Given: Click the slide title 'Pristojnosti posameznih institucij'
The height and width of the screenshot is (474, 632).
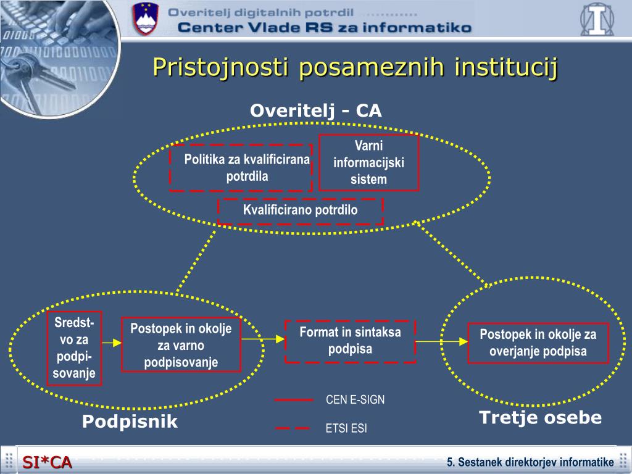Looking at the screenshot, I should (355, 67).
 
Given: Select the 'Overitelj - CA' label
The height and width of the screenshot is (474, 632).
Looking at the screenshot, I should (315, 110).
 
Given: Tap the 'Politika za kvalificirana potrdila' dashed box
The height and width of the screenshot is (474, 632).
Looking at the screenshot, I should (241, 168).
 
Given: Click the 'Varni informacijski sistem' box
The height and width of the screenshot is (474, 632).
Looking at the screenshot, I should (368, 163).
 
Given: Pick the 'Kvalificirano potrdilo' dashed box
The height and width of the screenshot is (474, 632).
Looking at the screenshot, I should (300, 210).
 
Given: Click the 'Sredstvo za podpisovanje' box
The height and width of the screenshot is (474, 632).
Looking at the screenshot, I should (74, 348).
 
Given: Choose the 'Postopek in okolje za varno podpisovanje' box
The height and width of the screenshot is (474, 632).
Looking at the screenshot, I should (181, 346).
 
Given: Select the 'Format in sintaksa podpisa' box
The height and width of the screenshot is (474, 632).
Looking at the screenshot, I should (350, 341).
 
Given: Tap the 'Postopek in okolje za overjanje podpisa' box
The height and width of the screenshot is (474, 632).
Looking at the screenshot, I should (538, 344).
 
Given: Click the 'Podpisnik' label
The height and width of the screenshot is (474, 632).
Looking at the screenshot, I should (130, 422).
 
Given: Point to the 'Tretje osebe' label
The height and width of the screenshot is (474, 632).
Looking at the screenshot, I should (540, 418).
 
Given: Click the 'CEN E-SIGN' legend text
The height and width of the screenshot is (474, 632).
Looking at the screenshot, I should (355, 400).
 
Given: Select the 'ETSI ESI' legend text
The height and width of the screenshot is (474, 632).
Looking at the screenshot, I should (346, 428).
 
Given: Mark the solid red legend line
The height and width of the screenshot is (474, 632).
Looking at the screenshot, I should (294, 400).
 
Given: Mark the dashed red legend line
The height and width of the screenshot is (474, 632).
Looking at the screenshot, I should (293, 428).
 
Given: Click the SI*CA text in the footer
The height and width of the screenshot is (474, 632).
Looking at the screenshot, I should (48, 462).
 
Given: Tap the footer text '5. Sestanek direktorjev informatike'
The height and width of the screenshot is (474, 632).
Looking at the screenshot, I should (530, 462).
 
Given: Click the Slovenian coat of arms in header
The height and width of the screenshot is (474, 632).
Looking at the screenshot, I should (146, 19).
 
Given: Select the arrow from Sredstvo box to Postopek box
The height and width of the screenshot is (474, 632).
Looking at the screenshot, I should (111, 342).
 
